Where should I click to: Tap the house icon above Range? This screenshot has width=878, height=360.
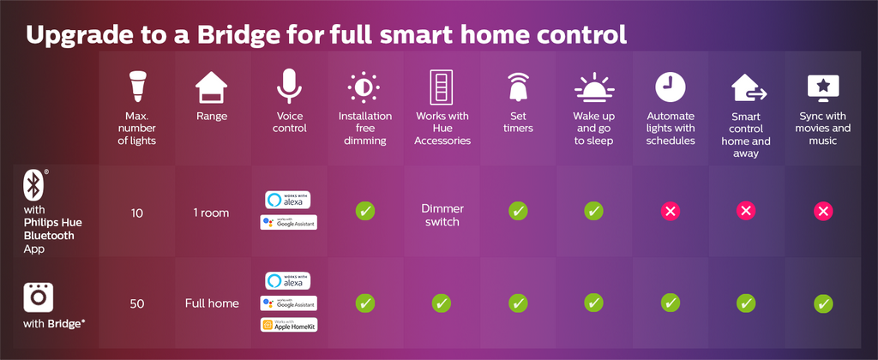(x=212, y=87)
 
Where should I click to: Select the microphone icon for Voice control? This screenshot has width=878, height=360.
(x=289, y=87)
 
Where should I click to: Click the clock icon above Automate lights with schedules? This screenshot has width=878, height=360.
(x=671, y=87)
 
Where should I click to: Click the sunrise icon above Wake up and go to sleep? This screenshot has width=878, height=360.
(x=594, y=87)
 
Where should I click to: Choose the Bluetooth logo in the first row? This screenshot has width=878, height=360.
(x=33, y=185)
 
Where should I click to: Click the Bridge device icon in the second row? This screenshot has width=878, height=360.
(x=38, y=297)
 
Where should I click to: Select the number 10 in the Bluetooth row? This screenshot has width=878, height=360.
(x=136, y=213)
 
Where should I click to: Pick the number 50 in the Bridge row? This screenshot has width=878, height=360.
(x=136, y=303)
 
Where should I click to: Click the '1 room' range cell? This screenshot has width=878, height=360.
(x=212, y=213)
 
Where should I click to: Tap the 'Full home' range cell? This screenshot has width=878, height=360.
(x=212, y=303)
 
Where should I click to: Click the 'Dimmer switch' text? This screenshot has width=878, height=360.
(x=442, y=215)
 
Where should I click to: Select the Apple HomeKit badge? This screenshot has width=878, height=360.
(x=288, y=325)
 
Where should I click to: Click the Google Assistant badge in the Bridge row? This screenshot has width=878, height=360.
(x=288, y=303)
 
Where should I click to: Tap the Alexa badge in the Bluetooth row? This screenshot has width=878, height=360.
(x=288, y=200)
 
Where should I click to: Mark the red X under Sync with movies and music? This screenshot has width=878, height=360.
(x=822, y=211)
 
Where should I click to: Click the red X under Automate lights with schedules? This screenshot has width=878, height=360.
(x=671, y=211)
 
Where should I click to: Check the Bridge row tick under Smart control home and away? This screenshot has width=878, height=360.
(x=746, y=303)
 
